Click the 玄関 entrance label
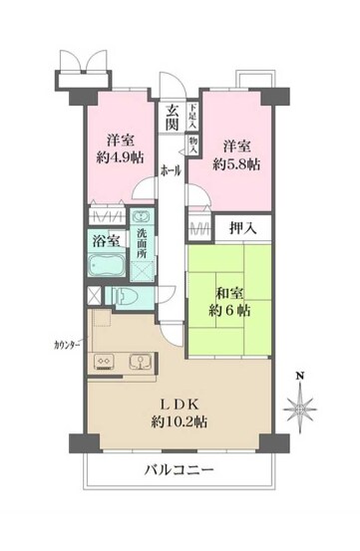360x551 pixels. click(x=172, y=118)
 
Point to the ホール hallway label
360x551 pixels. click(x=171, y=170)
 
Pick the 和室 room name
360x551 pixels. click(x=230, y=293)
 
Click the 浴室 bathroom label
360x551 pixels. click(x=106, y=240)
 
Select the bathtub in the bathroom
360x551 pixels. click(x=106, y=265)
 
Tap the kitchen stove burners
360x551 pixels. click(x=104, y=362)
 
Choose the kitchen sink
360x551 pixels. click(x=138, y=362)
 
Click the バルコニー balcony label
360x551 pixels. click(x=179, y=468)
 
